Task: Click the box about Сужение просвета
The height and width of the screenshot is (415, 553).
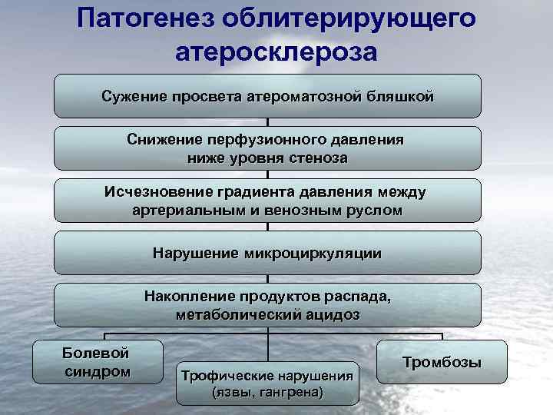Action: click(267, 96)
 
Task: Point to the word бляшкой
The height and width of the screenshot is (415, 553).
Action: click(399, 97)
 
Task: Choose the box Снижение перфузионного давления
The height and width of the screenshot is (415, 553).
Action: click(267, 148)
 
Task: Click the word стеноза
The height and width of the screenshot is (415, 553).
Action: click(316, 158)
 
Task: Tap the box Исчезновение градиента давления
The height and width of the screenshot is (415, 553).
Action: click(267, 201)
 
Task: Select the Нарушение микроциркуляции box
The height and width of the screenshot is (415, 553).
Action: click(267, 252)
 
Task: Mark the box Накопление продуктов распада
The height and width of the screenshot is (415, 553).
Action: click(267, 304)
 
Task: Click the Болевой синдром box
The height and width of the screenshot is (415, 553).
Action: click(97, 362)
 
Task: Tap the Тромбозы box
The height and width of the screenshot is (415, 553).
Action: click(442, 362)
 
